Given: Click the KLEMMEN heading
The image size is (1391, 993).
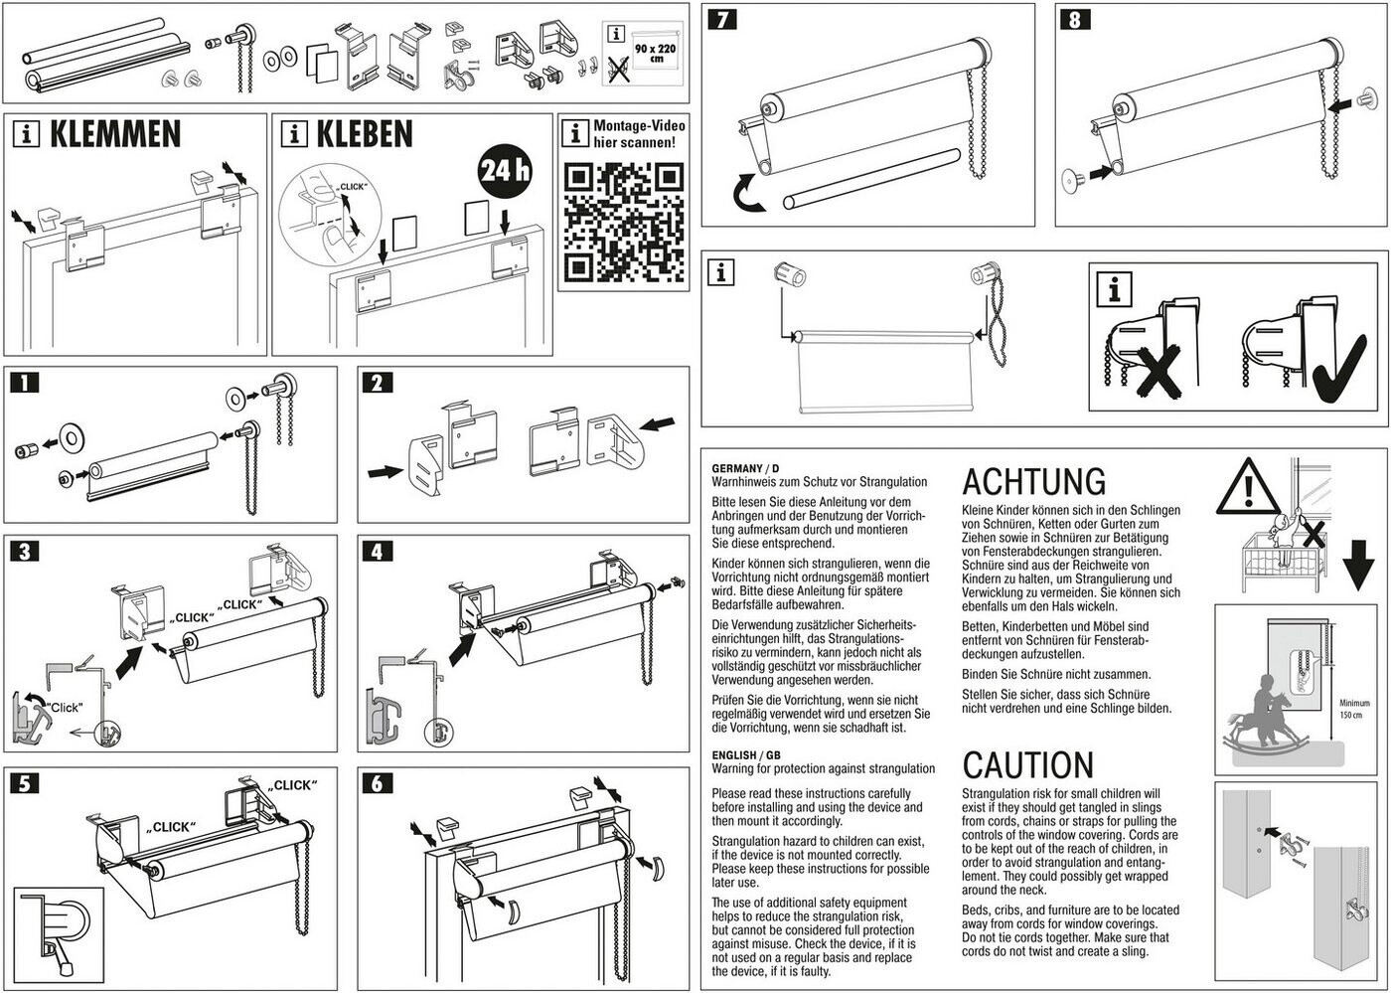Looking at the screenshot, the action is click(115, 133).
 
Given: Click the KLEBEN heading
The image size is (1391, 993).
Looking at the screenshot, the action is click(365, 133).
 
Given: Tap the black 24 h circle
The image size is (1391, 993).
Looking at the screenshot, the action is click(505, 170).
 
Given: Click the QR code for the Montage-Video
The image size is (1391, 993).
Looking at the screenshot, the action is click(624, 223).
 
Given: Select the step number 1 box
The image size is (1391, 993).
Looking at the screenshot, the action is click(24, 382).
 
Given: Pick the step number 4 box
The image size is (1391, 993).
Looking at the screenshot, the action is click(377, 551).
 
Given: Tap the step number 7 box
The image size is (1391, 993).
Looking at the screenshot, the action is click(722, 19).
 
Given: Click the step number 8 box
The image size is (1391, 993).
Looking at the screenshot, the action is click(1075, 19).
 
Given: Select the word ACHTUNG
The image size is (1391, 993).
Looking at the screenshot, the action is click(1034, 481).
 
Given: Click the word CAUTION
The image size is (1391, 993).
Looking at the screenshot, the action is click(1027, 765).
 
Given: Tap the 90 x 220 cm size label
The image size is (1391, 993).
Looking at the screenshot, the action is click(655, 53).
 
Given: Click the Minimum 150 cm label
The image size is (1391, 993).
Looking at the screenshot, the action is click(1354, 709).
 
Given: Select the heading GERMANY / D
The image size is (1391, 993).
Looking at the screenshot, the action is click(745, 468).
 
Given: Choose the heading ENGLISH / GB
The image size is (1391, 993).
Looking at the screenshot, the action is click(746, 755).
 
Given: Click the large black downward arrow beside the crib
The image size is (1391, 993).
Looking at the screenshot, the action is click(1358, 565).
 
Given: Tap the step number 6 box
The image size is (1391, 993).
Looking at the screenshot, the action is click(377, 783).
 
